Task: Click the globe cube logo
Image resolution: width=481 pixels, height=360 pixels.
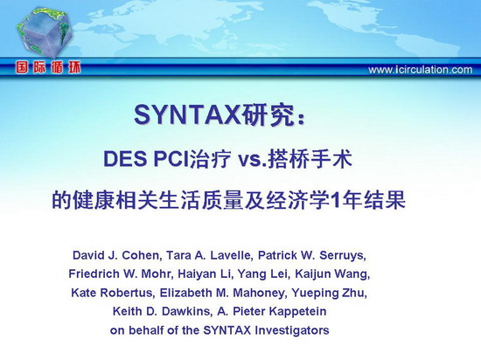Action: coord(45,32)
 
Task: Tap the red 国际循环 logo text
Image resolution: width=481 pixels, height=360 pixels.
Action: coord(48,67)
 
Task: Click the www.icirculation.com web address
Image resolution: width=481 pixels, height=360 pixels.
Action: coord(421,70)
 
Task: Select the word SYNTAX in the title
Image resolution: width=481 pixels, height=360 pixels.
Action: coord(187,115)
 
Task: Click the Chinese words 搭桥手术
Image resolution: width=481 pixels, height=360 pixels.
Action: coord(310,159)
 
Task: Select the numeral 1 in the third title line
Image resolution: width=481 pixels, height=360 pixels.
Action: coord(336,200)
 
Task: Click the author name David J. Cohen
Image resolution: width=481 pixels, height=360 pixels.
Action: coord(116,255)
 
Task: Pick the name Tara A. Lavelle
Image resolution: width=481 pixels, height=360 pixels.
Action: coord(210,255)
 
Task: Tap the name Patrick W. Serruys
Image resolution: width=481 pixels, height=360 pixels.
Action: coord(312,255)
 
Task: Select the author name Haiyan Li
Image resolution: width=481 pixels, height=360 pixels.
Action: coord(204,273)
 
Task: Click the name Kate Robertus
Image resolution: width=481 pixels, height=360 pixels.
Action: coord(112,293)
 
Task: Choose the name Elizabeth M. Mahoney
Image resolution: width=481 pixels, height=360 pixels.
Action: coord(224,293)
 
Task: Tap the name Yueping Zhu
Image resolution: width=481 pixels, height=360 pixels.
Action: coord(329,293)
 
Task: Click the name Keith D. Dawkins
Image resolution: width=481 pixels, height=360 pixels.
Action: coord(162,311)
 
